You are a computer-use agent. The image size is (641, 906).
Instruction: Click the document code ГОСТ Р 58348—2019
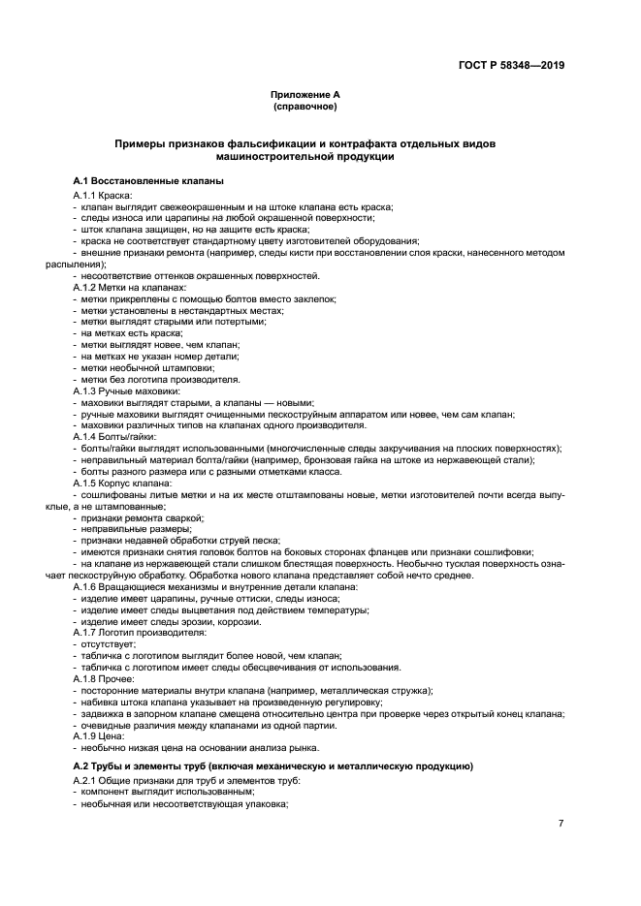click(x=511, y=66)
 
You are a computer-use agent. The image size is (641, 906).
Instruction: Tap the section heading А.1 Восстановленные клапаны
click(x=148, y=181)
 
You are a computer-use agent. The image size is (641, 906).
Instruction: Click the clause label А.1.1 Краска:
click(x=107, y=197)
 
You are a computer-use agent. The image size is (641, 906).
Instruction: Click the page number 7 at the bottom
click(x=561, y=823)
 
